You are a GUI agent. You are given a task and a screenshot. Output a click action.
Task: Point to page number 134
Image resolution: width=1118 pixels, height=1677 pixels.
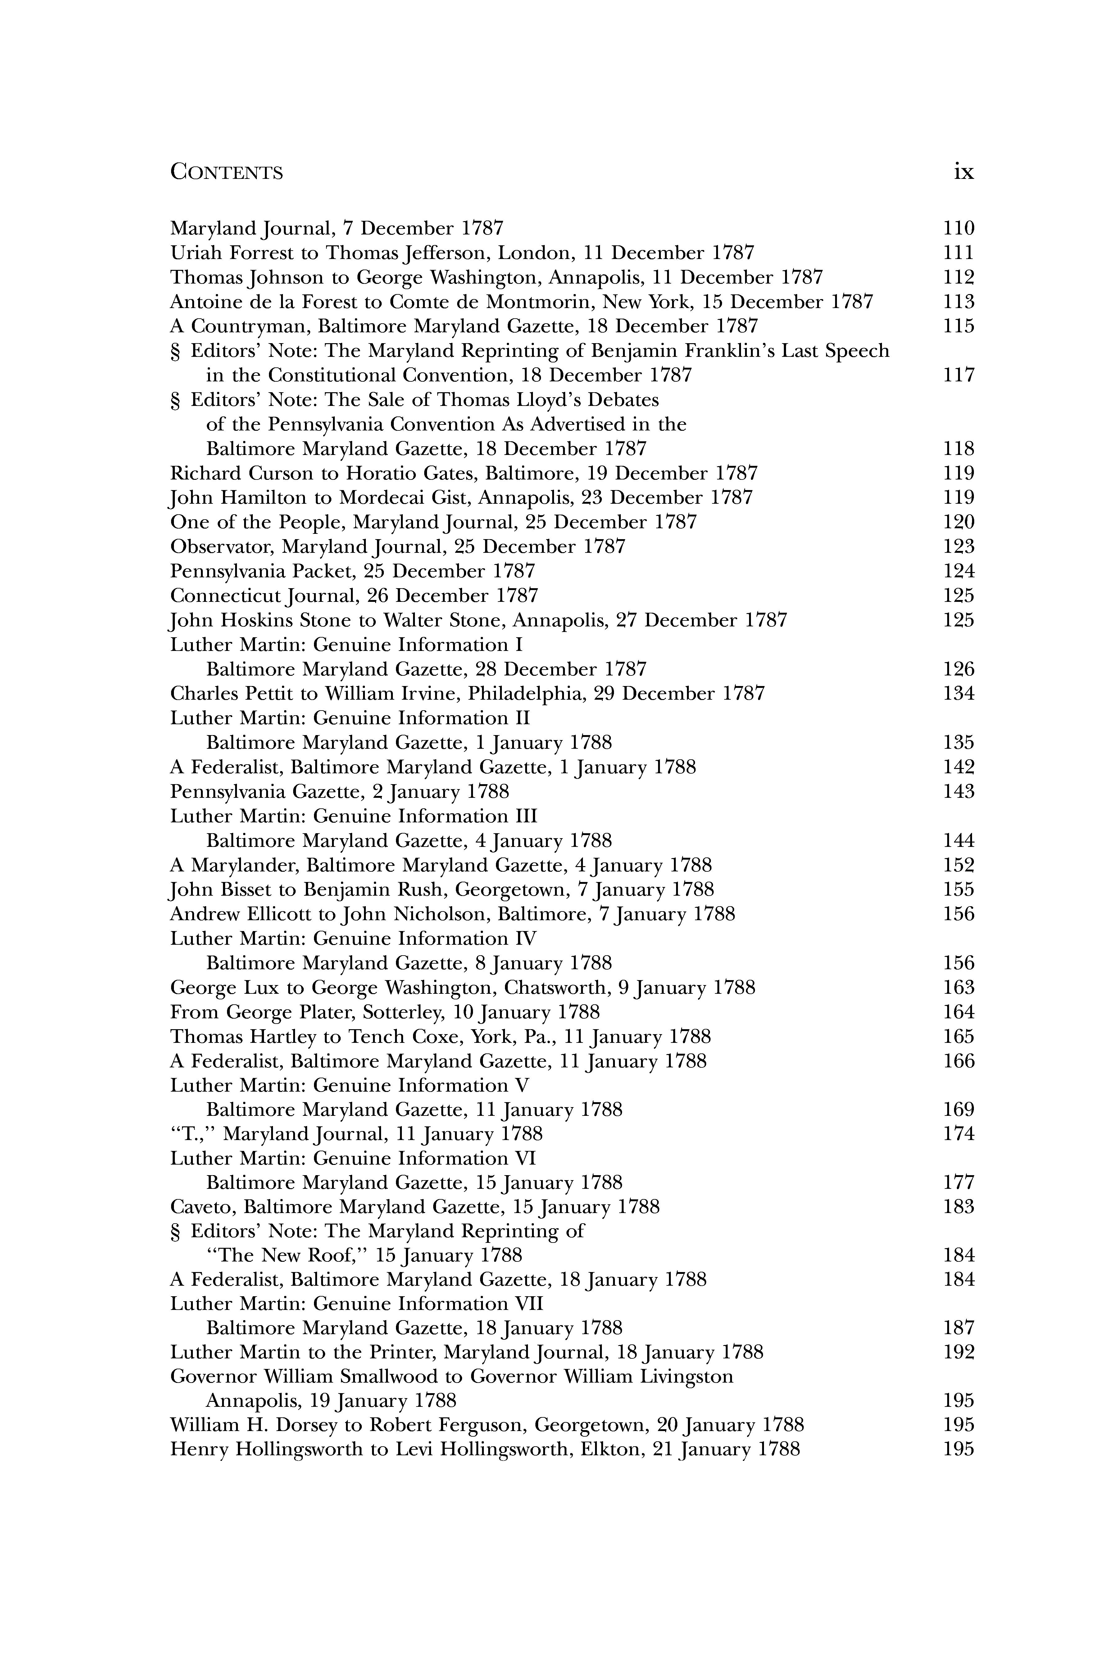coord(958,694)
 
